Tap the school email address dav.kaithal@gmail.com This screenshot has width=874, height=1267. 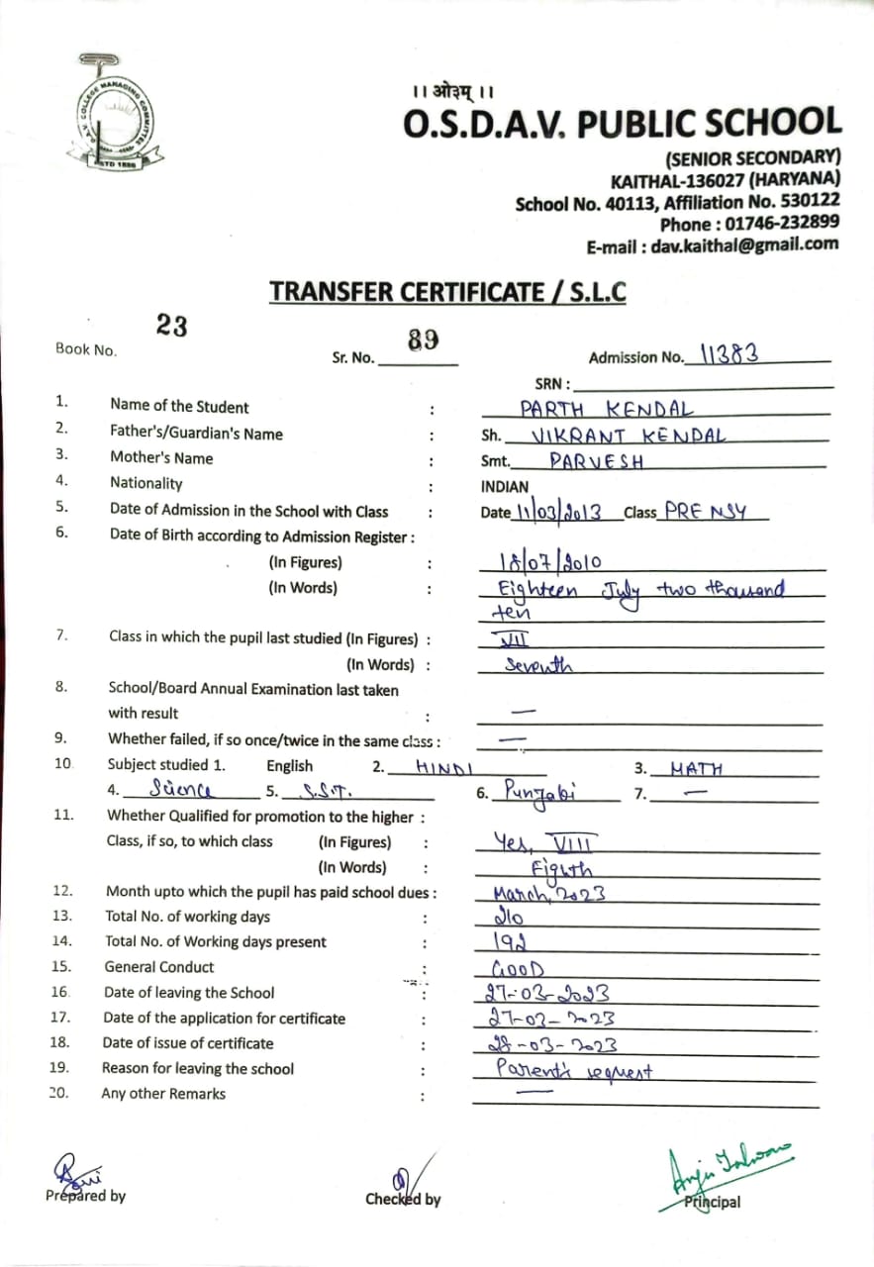coord(744,245)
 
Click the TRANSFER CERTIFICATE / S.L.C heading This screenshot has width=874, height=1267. coord(447,292)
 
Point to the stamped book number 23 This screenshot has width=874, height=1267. coord(171,326)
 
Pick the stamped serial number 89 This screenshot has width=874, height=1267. coord(423,341)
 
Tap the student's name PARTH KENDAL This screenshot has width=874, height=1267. coord(607,408)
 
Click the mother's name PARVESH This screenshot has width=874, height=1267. coord(596,460)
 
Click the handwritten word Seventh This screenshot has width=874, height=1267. coord(537,666)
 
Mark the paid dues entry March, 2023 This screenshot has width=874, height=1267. coord(549,893)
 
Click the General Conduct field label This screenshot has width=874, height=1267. coord(158,967)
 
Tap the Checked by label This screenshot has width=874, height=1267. coord(403,1200)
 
